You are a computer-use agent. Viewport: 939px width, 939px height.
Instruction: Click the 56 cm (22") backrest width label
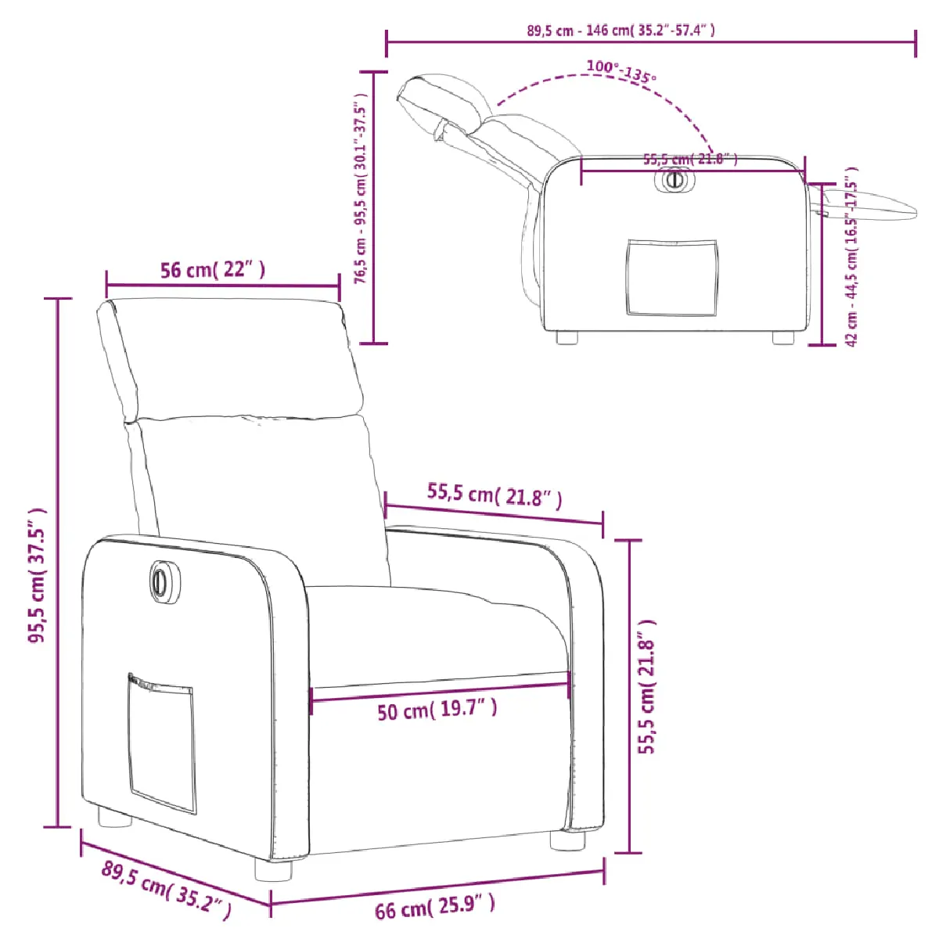click(x=213, y=269)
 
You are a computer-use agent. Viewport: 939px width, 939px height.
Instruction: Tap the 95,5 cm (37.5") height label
click(x=38, y=575)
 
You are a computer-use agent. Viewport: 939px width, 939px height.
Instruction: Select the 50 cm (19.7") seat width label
click(x=437, y=711)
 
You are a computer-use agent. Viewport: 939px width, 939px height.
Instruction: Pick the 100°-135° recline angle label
click(x=621, y=71)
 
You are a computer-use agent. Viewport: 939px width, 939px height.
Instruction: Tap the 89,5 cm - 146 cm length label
click(x=621, y=31)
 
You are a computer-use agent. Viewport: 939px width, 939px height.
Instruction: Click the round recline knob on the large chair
click(x=159, y=579)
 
